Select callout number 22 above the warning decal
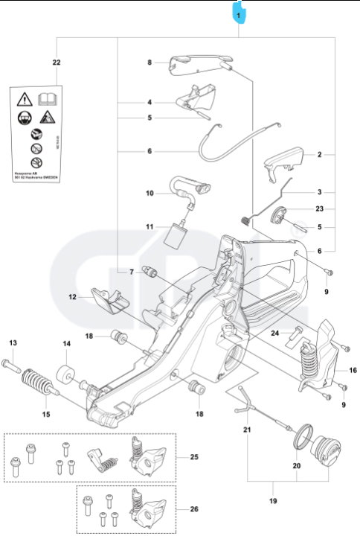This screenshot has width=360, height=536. coord(57,63)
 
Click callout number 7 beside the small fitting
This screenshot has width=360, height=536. coord(132,272)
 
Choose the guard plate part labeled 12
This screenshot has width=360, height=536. coord(109,302)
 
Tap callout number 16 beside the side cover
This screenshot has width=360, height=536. coord(353,369)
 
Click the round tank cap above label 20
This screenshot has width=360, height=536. coord(324,451)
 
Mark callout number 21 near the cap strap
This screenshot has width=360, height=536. coord(247,430)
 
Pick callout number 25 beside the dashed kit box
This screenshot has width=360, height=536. coord(194,455)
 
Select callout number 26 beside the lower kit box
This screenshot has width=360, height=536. coord(194,509)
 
